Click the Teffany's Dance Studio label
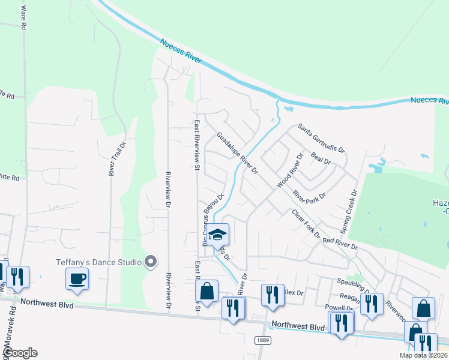pyautogui.click(x=99, y=262)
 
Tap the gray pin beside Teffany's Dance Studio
pyautogui.click(x=151, y=262)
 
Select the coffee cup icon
pyautogui.click(x=77, y=278)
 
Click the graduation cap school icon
pyautogui.click(x=218, y=235)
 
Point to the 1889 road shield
pyautogui.click(x=259, y=340)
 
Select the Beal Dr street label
pyautogui.click(x=321, y=158)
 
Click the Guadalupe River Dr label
pyautogui.click(x=237, y=153)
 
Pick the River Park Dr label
pyautogui.click(x=309, y=196)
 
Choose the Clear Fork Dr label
pyautogui.click(x=306, y=224)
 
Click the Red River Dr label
pyautogui.click(x=340, y=243)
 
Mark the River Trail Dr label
pyautogui.click(x=112, y=158)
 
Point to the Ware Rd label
pyautogui.click(x=23, y=19)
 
